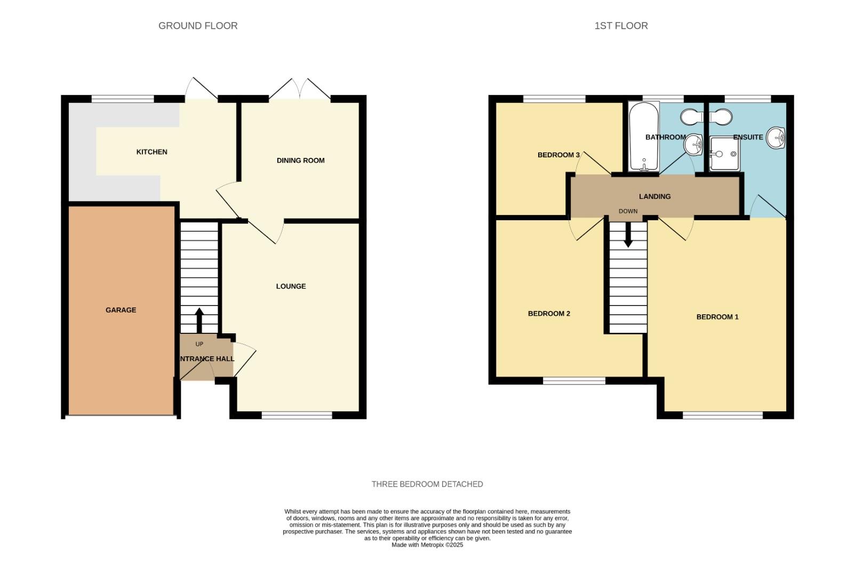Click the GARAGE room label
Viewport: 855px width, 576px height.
click(121, 310)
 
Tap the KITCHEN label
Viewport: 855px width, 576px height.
click(152, 152)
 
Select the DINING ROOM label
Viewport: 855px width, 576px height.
click(300, 161)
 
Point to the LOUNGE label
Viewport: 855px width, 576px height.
click(291, 286)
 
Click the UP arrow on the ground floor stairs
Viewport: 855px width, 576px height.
click(199, 320)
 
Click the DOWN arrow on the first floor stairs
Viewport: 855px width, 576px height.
click(628, 235)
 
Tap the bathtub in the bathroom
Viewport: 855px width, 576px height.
click(644, 137)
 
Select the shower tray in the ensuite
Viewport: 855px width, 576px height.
click(724, 154)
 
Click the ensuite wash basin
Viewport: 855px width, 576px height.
click(776, 138)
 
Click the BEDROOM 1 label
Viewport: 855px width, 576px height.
click(717, 317)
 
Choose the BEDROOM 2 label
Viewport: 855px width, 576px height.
click(549, 314)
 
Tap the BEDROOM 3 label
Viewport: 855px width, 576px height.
click(558, 155)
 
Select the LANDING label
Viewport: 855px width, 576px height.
click(654, 197)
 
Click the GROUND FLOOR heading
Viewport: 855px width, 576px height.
click(198, 26)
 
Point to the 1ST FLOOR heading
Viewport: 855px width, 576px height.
click(621, 26)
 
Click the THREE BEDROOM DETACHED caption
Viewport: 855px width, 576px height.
click(427, 484)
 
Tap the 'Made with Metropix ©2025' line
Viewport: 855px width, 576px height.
click(427, 545)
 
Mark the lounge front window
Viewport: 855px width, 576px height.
click(297, 415)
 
